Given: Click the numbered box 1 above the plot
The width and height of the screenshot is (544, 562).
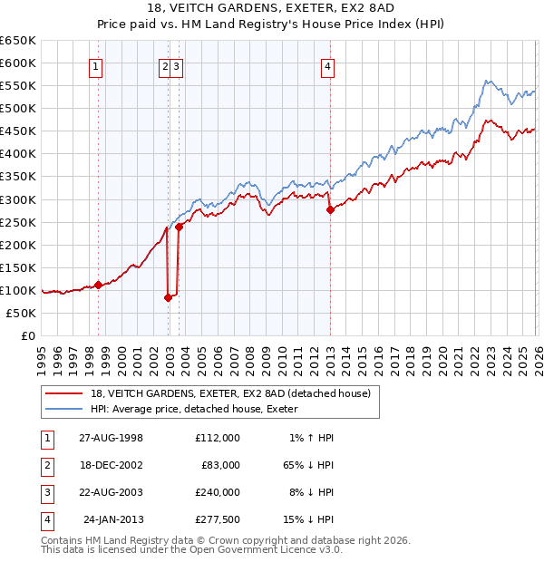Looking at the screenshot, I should click(x=95, y=65).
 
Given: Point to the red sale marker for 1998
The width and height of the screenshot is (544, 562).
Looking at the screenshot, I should click(x=99, y=285).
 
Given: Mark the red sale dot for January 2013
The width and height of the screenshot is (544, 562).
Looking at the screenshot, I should click(x=330, y=209).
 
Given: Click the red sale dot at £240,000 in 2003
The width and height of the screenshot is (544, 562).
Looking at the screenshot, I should click(x=180, y=227).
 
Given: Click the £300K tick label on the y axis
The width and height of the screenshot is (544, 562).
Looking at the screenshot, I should click(x=18, y=199).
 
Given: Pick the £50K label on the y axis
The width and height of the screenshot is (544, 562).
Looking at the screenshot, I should click(x=22, y=313).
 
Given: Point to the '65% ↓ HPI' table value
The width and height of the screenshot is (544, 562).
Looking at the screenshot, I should click(x=306, y=465).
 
